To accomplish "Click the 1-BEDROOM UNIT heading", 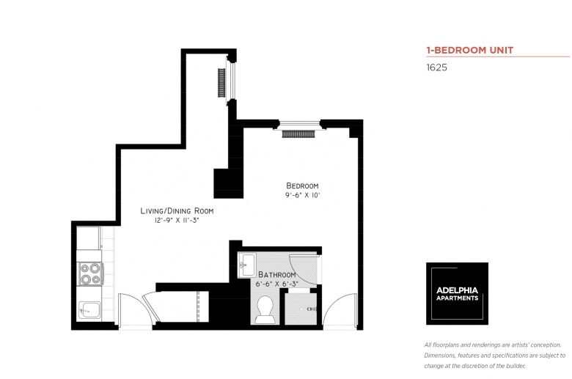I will [469, 51].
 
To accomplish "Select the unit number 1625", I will [437, 67].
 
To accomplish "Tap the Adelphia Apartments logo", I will [457, 293].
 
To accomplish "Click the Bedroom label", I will [303, 185].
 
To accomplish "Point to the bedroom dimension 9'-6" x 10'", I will [303, 196].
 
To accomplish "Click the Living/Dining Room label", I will [182, 210].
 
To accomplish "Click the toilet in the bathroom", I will [264, 308].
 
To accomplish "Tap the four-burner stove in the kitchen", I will [90, 273].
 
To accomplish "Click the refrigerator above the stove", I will [89, 238].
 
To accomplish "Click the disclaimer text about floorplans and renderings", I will [494, 356].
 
